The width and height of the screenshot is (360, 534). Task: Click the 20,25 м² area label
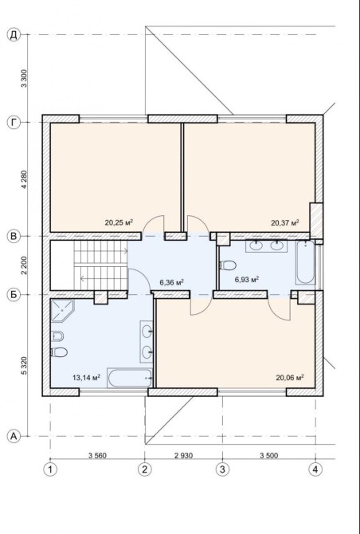click(x=119, y=222)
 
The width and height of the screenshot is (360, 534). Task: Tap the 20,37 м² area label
click(x=285, y=222)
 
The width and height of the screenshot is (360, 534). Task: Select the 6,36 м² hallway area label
click(x=171, y=282)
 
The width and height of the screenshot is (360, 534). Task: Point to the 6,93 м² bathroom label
click(x=247, y=280)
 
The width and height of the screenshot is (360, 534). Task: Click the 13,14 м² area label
click(x=86, y=377)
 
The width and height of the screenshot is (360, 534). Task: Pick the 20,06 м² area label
click(x=290, y=377)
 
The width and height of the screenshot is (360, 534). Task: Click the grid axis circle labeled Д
click(x=14, y=35)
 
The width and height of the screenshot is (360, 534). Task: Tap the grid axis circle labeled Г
click(x=14, y=123)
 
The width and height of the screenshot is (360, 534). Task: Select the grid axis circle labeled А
click(x=14, y=436)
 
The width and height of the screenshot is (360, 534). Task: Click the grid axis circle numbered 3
click(x=222, y=469)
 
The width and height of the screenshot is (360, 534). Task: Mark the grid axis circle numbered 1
click(x=50, y=469)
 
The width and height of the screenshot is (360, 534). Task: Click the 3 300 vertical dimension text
click(x=24, y=79)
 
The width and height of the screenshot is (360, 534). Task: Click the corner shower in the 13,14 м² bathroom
click(x=61, y=310)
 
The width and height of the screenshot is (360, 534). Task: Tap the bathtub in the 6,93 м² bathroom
click(x=305, y=262)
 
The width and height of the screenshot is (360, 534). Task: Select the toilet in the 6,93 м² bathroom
click(x=228, y=265)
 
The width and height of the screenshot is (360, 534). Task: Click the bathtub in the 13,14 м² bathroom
click(x=130, y=378)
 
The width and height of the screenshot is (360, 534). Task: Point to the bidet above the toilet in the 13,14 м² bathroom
click(x=57, y=336)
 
